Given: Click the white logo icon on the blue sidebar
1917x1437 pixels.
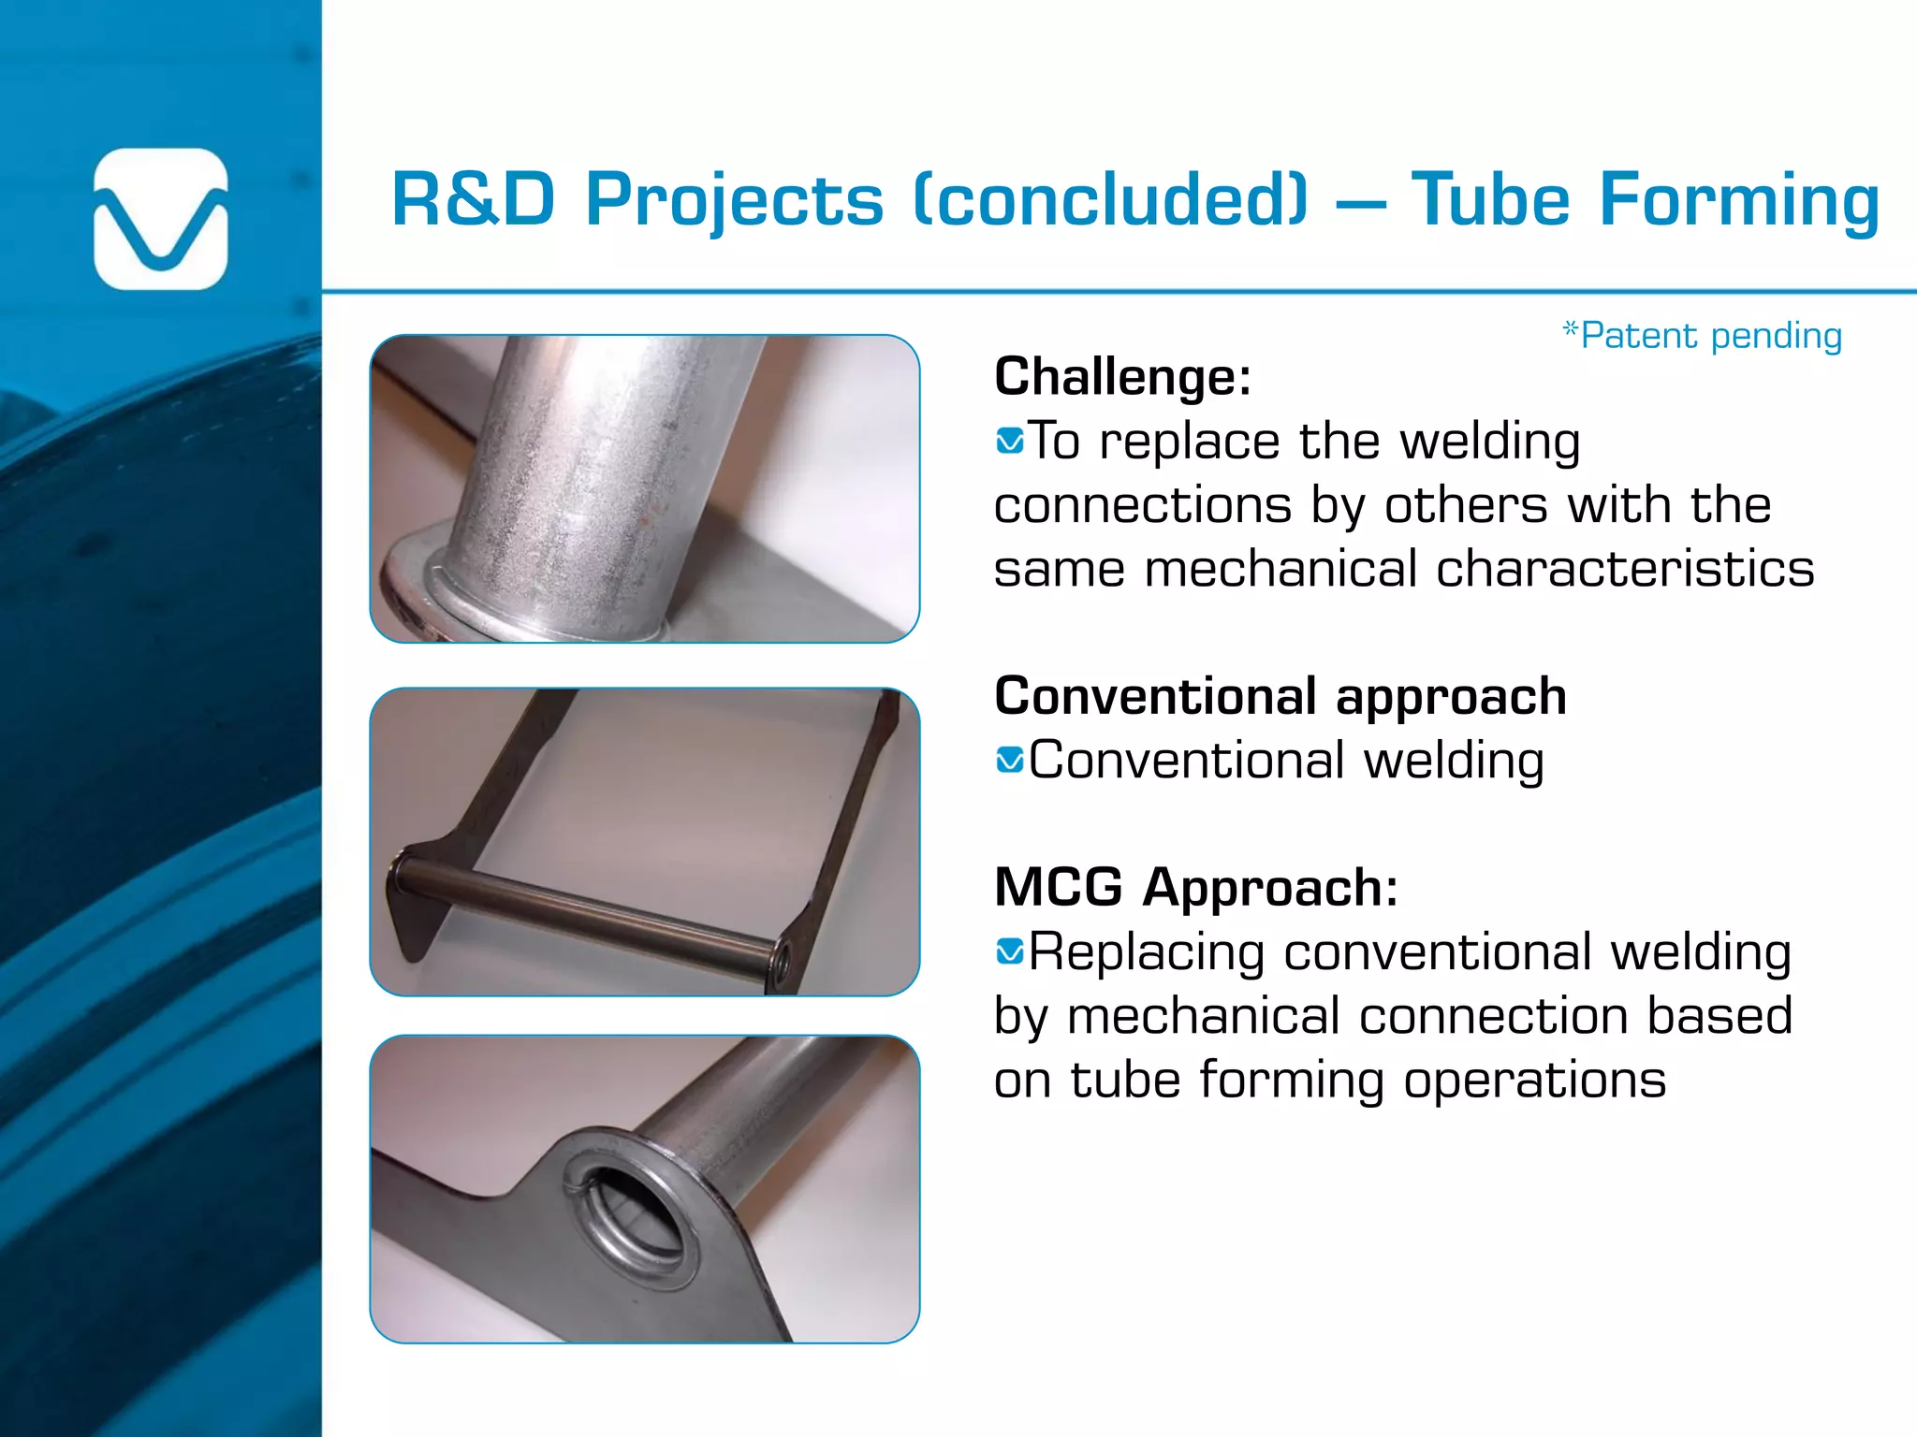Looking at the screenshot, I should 161,219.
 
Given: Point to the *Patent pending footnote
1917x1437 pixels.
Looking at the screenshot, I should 1702,335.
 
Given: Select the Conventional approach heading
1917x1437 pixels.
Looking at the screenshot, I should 1280,696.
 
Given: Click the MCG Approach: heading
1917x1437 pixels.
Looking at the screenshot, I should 1195,887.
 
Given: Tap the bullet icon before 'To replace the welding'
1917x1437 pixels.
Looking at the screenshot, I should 1010,440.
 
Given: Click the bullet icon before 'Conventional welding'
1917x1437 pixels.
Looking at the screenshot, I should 1010,760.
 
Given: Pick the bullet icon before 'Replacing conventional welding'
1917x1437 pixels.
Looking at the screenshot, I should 1010,952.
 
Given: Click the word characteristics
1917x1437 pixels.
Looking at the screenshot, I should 1624,569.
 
